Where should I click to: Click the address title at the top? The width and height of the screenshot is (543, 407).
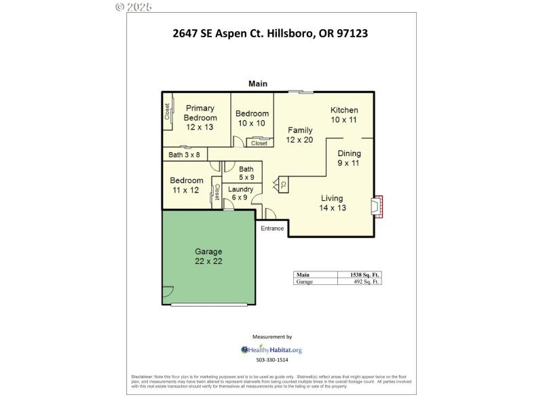click(271, 33)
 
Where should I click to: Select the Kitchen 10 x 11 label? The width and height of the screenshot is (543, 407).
click(344, 115)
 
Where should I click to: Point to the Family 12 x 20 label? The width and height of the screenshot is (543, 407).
click(300, 135)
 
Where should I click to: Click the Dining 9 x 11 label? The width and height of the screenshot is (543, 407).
click(349, 158)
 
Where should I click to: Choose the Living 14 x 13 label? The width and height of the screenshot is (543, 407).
click(332, 203)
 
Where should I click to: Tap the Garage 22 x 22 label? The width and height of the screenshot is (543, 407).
click(208, 256)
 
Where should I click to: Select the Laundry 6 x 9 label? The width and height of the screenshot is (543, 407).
click(241, 193)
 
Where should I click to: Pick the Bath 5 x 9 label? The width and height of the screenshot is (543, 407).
click(246, 173)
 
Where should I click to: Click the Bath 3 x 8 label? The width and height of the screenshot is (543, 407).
click(184, 155)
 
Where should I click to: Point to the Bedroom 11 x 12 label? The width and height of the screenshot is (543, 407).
click(187, 185)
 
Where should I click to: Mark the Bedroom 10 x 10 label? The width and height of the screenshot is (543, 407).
click(252, 118)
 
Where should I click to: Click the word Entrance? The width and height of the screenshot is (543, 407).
click(272, 229)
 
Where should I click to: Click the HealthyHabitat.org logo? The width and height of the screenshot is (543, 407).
click(271, 350)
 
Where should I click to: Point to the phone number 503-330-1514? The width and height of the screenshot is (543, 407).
click(271, 360)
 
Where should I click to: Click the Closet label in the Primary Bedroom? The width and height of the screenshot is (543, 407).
click(167, 112)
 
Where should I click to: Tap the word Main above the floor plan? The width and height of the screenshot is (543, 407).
click(257, 84)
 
